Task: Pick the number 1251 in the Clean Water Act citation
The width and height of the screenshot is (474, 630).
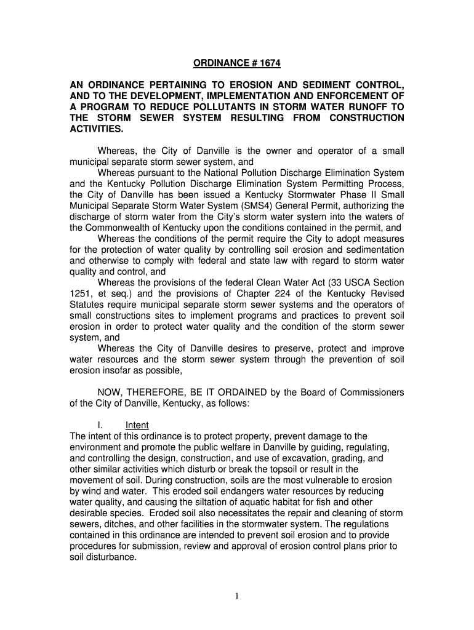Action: (x=80, y=294)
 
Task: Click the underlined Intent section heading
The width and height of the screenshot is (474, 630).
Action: (x=137, y=425)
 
